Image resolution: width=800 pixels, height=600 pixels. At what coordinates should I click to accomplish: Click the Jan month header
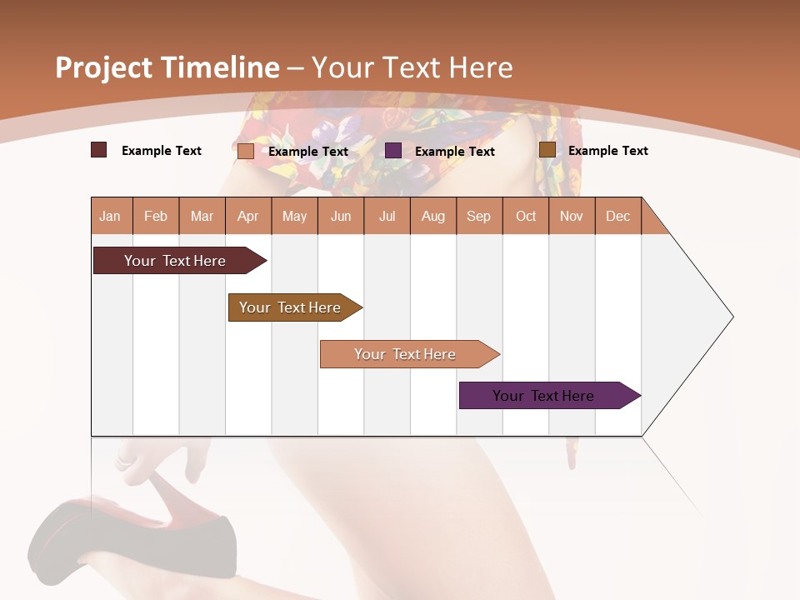tap(110, 216)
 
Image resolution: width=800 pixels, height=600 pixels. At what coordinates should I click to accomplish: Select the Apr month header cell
tap(247, 216)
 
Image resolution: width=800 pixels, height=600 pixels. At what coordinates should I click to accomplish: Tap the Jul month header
tap(387, 216)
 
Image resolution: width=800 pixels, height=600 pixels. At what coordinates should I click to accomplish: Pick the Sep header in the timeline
tap(478, 216)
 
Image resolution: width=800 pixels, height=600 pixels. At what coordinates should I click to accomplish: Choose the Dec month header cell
tap(617, 216)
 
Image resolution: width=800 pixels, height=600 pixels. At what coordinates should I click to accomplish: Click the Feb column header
tap(156, 216)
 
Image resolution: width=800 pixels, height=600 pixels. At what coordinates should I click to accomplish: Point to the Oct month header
tap(526, 216)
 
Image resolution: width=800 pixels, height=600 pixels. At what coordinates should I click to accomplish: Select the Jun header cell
tap(341, 216)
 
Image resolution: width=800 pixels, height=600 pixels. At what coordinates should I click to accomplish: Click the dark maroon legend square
tap(99, 150)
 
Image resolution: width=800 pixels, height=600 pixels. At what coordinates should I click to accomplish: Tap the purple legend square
tap(393, 151)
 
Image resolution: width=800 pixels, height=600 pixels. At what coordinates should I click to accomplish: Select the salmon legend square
tap(246, 151)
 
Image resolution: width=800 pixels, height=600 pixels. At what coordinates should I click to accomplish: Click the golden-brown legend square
tap(547, 150)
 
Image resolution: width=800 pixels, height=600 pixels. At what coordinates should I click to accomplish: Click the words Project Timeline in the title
tap(167, 67)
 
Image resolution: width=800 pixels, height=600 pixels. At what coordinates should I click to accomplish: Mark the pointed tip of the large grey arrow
tap(732, 317)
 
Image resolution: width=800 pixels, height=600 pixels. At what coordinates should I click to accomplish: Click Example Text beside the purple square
tap(454, 152)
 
